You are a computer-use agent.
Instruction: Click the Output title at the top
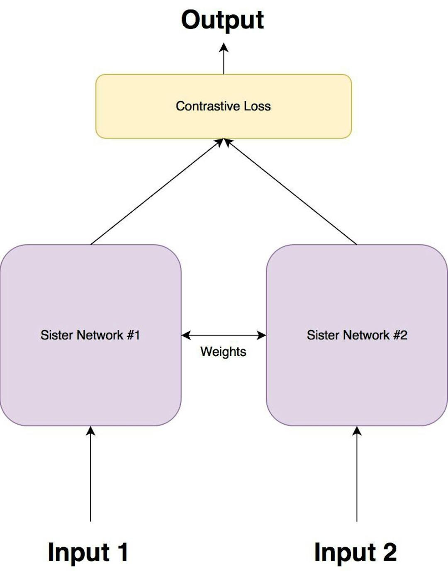[223, 20]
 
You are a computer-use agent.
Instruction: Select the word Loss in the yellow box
[257, 106]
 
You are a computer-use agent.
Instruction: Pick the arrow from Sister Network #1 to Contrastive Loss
[156, 192]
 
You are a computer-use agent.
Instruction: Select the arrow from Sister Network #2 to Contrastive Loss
[290, 192]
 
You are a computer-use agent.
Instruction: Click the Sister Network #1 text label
[90, 335]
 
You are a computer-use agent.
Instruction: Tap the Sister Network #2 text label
[357, 335]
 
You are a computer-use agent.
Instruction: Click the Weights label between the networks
[223, 352]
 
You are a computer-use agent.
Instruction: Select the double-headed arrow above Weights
[224, 335]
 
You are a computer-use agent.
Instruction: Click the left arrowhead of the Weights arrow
[186, 335]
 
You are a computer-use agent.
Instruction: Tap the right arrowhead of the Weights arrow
[262, 335]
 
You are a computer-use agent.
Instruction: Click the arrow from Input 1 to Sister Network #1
[90, 475]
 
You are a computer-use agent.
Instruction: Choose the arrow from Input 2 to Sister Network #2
[357, 475]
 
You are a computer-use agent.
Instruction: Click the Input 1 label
[88, 553]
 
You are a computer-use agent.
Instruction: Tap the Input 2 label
[355, 553]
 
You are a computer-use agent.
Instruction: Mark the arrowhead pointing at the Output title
[224, 47]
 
